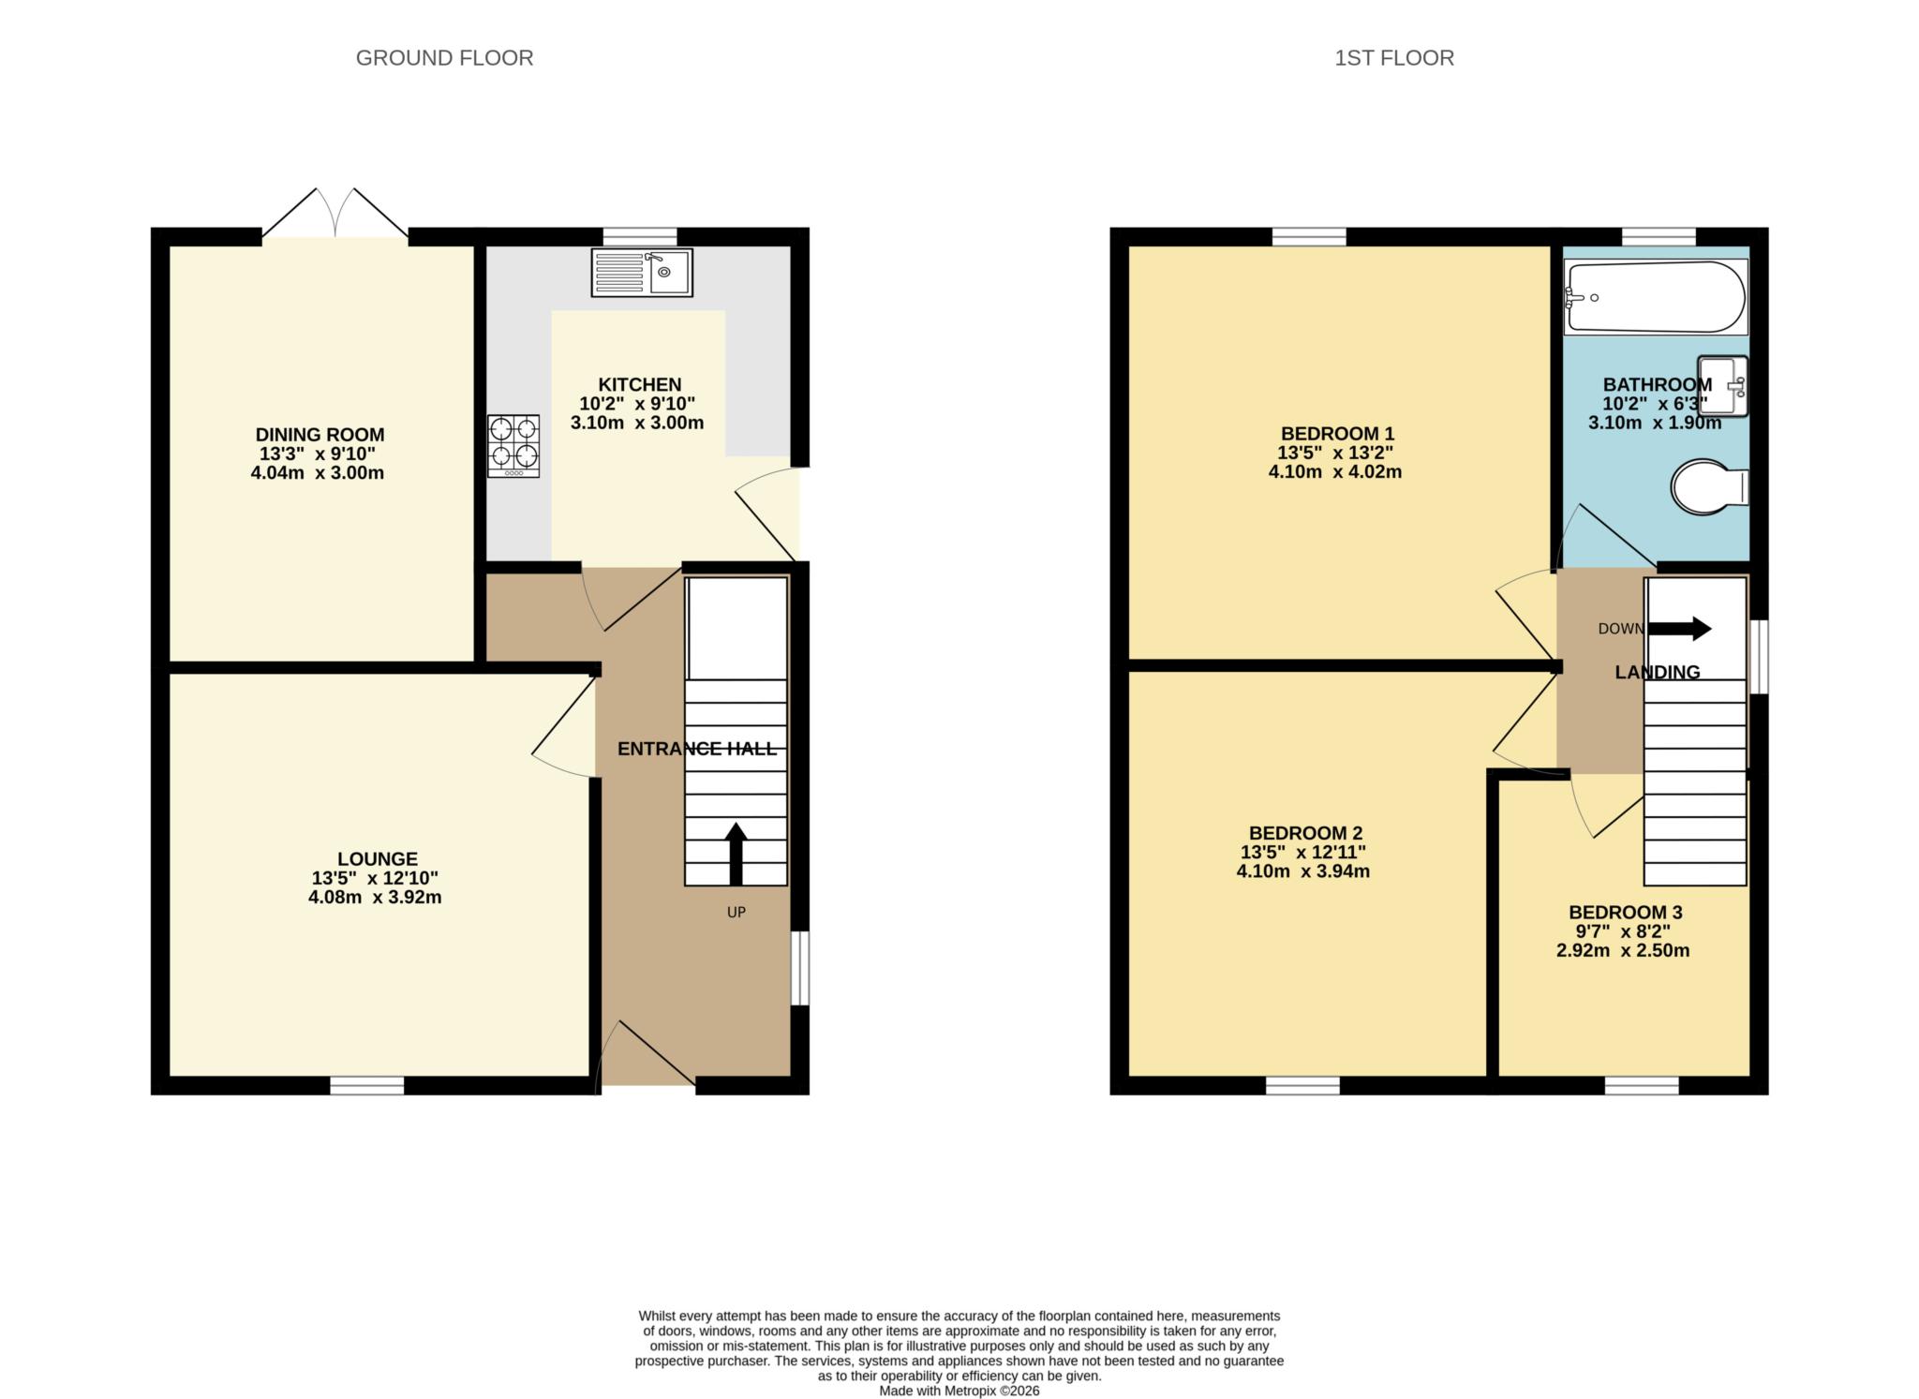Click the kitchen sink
[x=642, y=273]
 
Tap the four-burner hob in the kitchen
[x=513, y=446]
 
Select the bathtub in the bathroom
[x=1656, y=297]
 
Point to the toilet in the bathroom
[x=1710, y=486]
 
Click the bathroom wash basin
[x=1723, y=385]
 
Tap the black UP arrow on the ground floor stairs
[x=736, y=854]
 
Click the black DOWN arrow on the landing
[x=1680, y=628]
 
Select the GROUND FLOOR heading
[x=444, y=58]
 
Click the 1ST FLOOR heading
[x=1394, y=58]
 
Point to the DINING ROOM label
[x=320, y=435]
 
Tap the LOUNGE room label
[x=378, y=858]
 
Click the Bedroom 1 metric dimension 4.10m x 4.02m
[x=1335, y=471]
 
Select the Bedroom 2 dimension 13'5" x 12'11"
[x=1303, y=852]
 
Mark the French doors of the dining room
[x=335, y=214]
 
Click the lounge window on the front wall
[x=367, y=1085]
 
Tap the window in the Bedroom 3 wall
[x=1642, y=1085]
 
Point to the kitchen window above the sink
[x=640, y=236]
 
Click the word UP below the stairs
[x=736, y=912]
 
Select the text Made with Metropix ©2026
[x=959, y=1391]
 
